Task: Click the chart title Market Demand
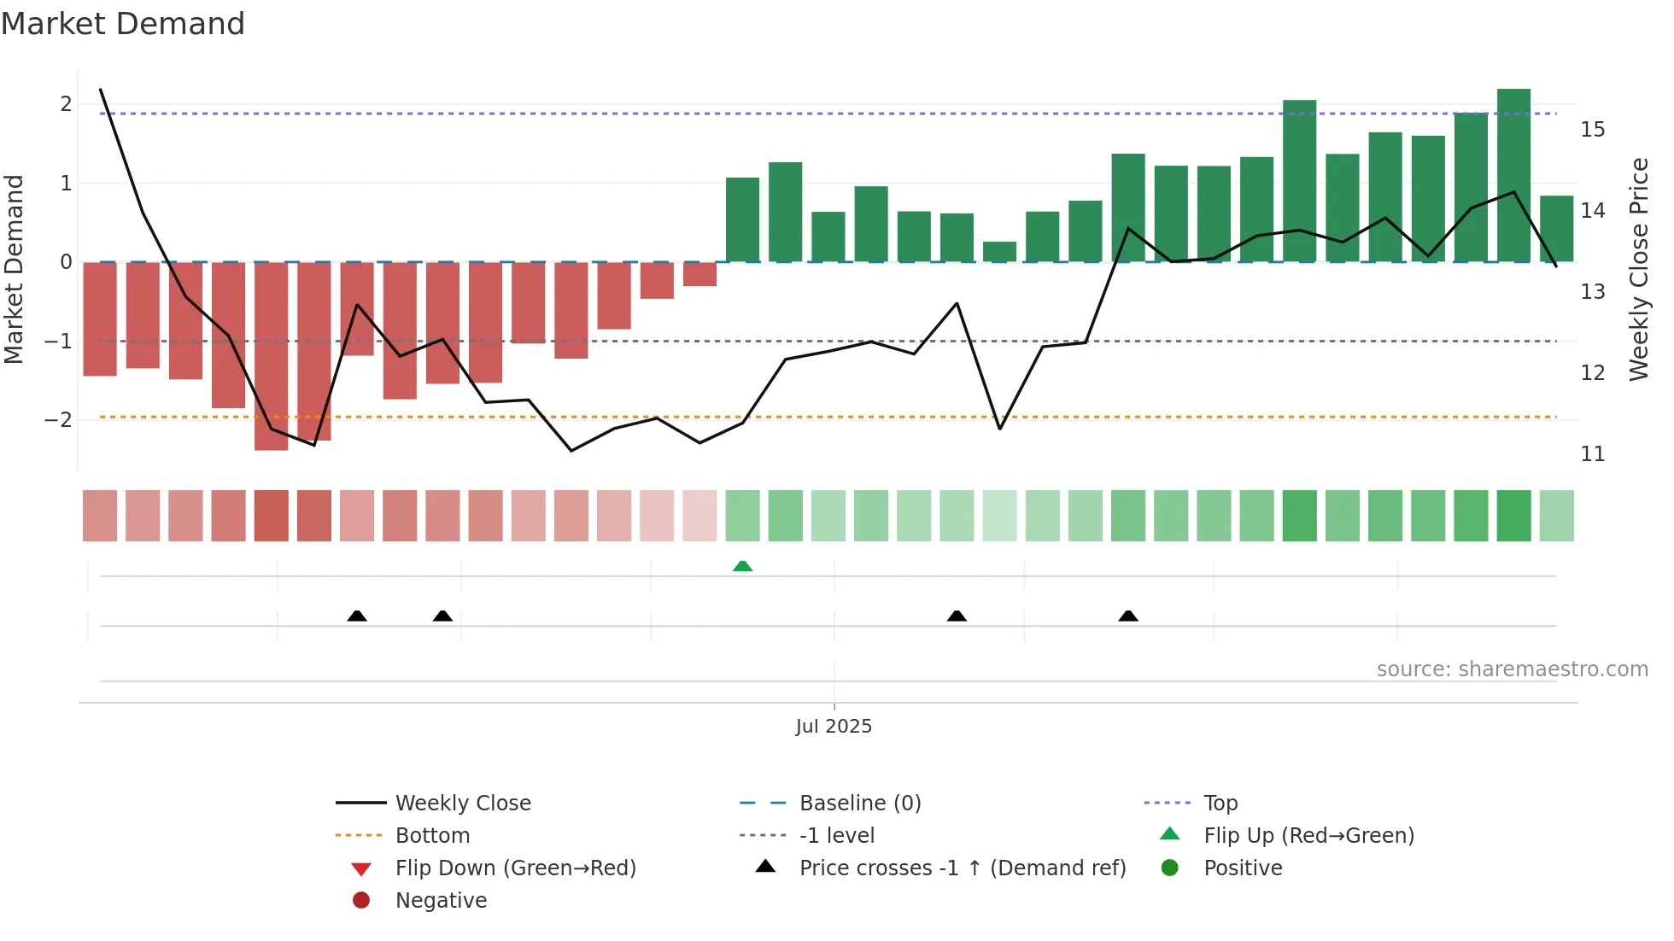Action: point(123,24)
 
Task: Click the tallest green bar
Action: point(1513,175)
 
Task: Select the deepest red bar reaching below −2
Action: point(271,356)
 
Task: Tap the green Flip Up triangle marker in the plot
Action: point(742,566)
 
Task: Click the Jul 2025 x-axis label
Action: point(834,727)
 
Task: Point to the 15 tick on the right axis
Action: point(1592,130)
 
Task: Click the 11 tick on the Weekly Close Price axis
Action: point(1592,454)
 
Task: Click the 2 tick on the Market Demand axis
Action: point(66,104)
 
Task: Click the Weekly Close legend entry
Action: point(462,804)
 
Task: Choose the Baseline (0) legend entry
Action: point(859,804)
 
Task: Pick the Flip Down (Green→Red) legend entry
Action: point(515,868)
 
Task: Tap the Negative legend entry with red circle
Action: point(441,901)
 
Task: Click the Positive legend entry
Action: point(1243,868)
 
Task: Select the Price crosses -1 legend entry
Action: point(962,868)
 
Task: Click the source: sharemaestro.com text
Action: point(1512,669)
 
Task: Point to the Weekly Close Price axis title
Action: point(1638,269)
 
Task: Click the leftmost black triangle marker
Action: point(357,616)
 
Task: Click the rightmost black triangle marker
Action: point(1128,616)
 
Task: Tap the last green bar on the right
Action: point(1556,229)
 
